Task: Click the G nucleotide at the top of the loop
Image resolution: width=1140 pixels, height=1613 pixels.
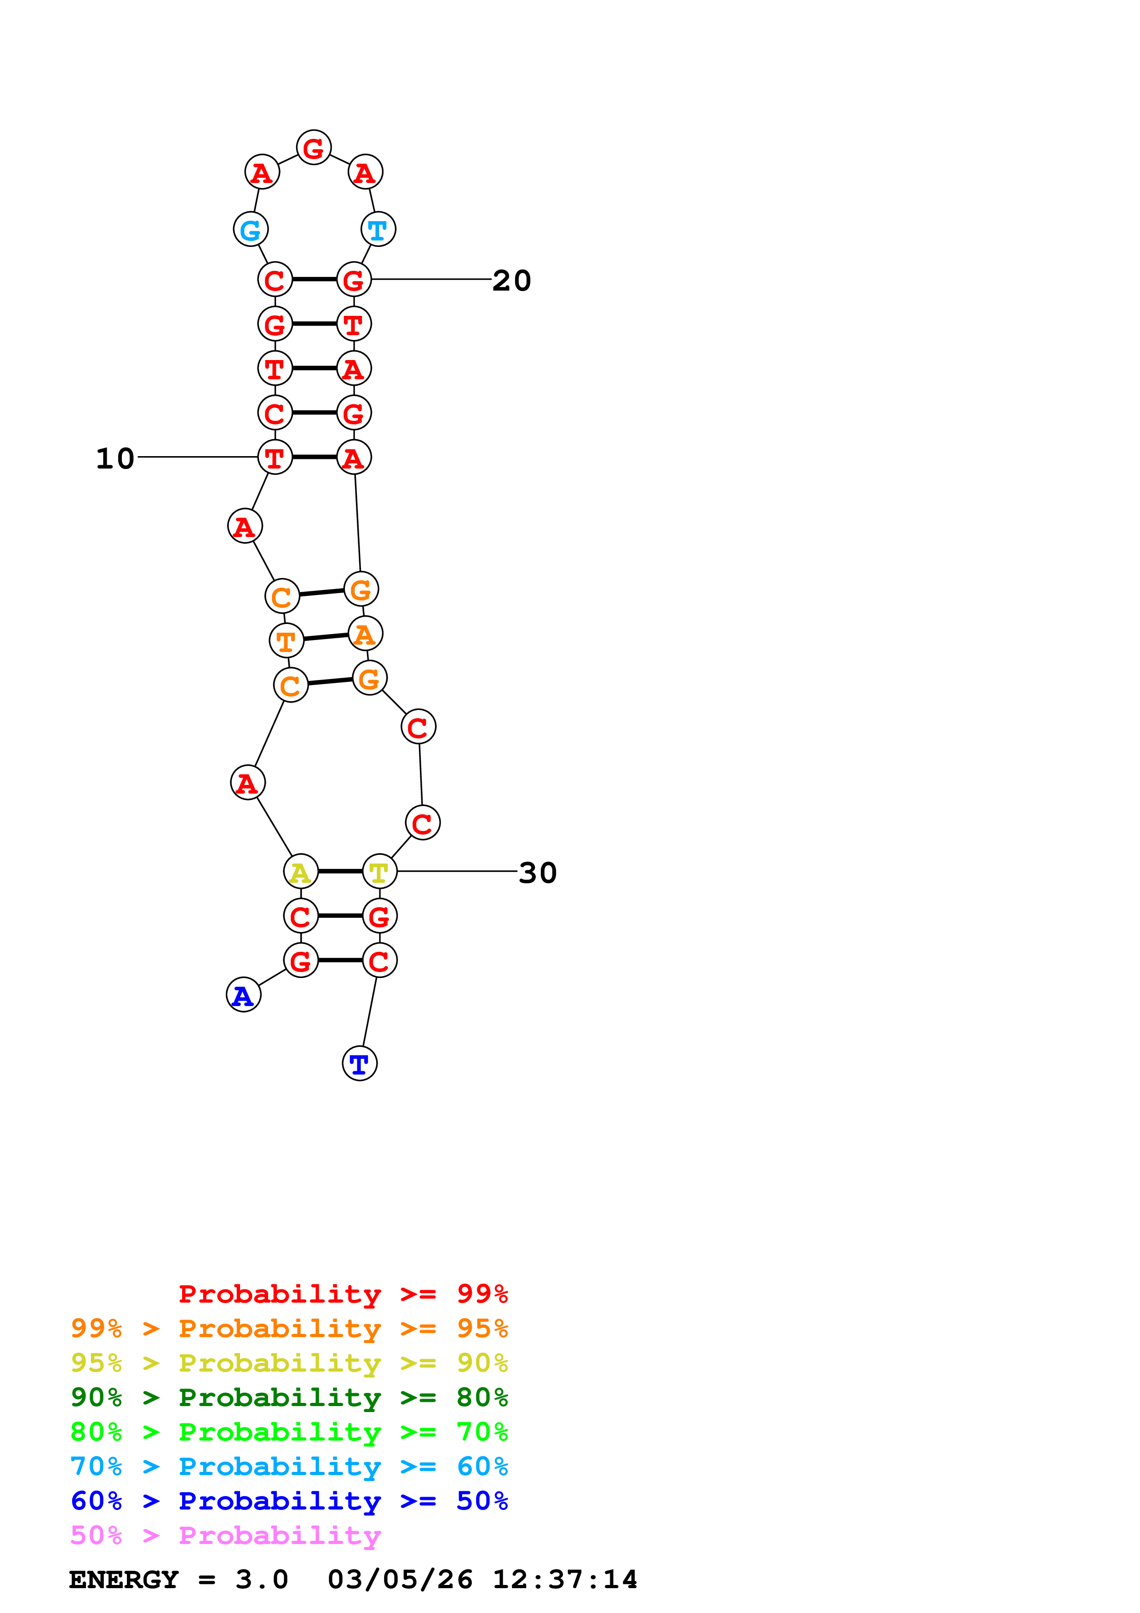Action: [x=313, y=148]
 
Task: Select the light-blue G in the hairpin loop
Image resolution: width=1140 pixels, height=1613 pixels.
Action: [x=251, y=230]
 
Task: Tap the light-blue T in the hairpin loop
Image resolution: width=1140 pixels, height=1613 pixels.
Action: [x=378, y=230]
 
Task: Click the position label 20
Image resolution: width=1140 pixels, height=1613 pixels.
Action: [x=511, y=281]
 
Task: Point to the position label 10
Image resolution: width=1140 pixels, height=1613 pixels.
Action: [x=115, y=459]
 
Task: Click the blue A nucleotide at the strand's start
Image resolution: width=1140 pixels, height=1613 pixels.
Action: [x=243, y=995]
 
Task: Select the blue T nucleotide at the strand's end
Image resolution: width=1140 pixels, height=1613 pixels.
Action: [x=360, y=1064]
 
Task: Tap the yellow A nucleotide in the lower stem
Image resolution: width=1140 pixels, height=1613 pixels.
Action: [x=301, y=872]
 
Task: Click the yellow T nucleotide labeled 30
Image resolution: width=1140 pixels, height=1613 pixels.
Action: [x=379, y=872]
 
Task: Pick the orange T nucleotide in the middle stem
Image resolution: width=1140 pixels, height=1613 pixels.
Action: [x=286, y=641]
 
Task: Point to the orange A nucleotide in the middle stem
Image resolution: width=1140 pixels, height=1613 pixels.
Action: [x=365, y=634]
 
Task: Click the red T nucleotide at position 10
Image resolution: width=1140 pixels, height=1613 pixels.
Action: [x=275, y=458]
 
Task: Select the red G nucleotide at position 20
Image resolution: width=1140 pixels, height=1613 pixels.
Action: [x=353, y=280]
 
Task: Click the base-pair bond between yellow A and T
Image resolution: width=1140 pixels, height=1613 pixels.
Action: [x=340, y=871]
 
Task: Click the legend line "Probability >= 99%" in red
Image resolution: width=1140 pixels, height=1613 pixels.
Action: [x=343, y=1294]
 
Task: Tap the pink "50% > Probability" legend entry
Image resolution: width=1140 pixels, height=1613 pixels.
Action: [x=225, y=1536]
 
